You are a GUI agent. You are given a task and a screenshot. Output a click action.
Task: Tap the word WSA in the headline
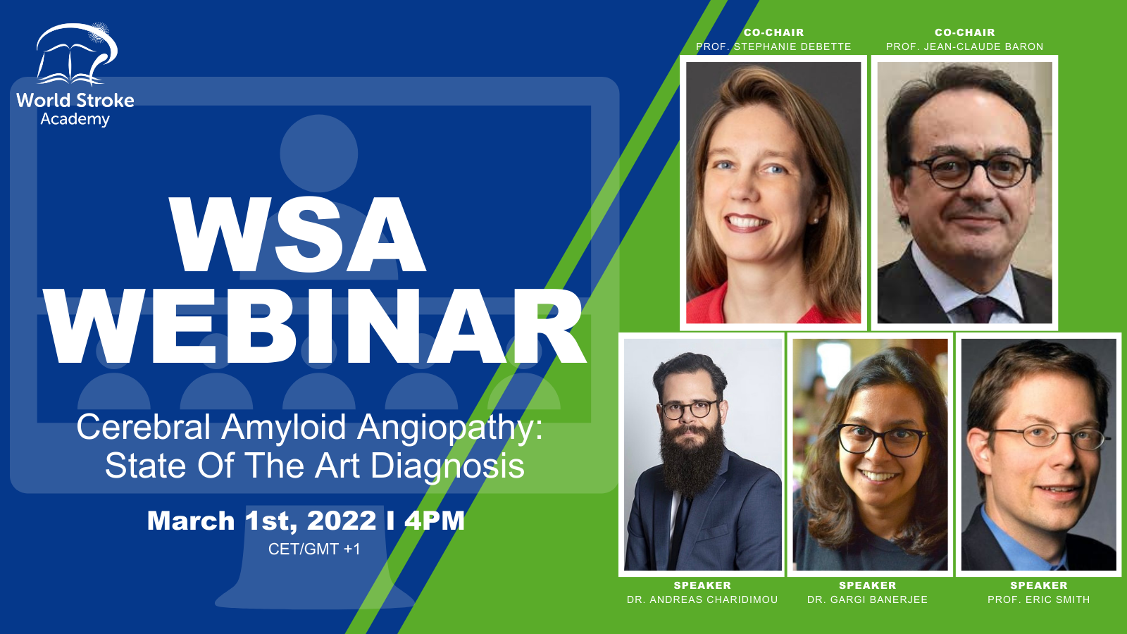[297, 235]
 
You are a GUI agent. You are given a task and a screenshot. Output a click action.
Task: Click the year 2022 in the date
[342, 521]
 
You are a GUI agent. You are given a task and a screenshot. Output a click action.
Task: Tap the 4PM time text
[434, 521]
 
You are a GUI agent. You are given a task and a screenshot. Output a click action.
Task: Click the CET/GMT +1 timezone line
[314, 549]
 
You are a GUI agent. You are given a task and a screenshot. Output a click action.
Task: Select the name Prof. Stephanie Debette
[773, 46]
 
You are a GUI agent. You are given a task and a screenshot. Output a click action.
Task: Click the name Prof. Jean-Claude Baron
[964, 46]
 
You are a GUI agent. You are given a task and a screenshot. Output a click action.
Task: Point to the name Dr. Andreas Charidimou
[702, 599]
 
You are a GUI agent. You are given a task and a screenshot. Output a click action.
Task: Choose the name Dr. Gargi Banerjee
[867, 599]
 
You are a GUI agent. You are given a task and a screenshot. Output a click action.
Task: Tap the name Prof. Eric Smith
[1038, 599]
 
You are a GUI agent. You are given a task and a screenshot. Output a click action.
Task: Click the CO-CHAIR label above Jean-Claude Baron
[965, 32]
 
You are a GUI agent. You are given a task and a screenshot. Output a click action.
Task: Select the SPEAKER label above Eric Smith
[1039, 585]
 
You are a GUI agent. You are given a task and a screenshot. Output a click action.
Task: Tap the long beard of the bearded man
[690, 461]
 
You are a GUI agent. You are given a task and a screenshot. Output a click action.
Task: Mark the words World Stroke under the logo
[75, 101]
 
